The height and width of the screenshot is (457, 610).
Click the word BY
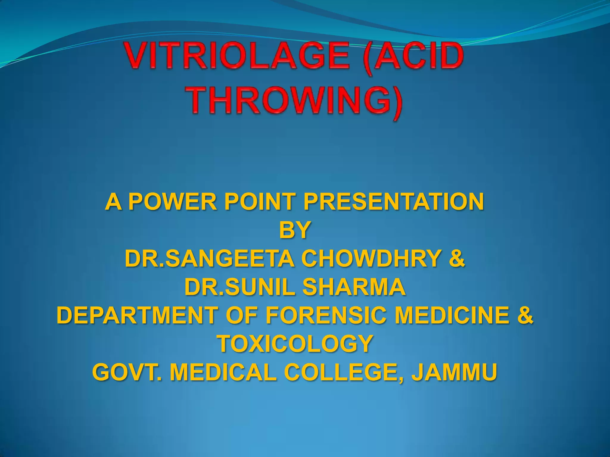pos(295,230)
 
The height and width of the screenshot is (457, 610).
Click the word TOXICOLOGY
pos(295,344)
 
